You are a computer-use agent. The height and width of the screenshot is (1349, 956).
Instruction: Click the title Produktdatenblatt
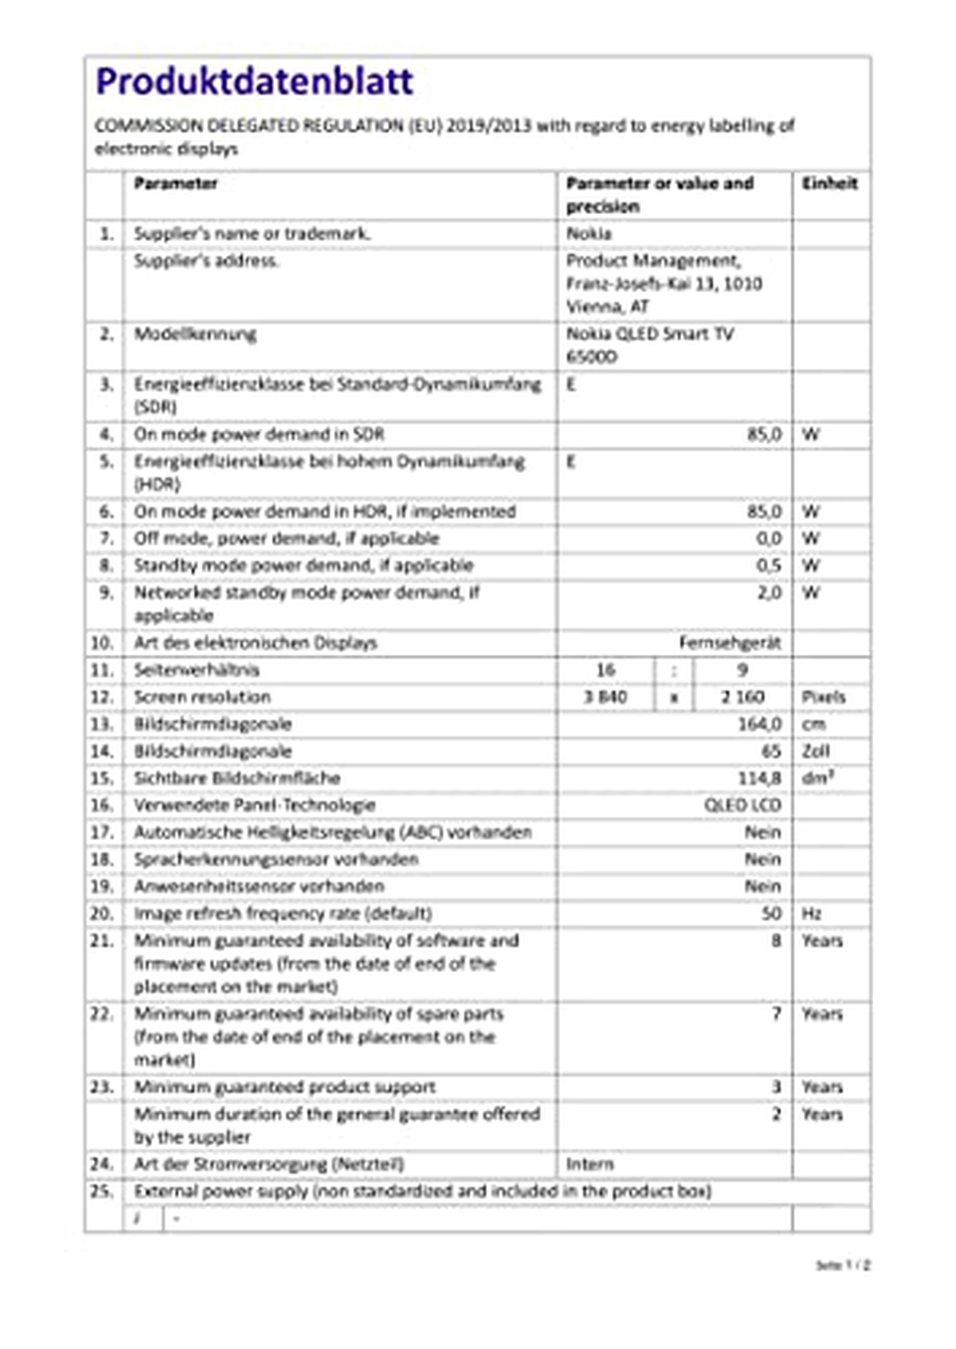254,81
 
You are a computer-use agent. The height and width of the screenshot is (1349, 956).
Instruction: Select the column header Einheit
829,183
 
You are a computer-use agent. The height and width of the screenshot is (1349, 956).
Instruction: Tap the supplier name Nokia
589,233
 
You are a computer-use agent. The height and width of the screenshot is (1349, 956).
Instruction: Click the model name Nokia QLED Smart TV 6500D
649,344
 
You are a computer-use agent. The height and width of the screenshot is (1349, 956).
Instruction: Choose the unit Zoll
815,751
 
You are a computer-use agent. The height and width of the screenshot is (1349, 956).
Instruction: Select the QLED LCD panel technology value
742,805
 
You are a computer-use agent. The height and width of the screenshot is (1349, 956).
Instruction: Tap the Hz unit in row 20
811,913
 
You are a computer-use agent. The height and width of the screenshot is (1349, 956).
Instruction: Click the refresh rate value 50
771,913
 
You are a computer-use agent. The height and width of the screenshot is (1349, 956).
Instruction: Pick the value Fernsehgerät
730,643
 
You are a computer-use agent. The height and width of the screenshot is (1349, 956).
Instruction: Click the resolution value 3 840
605,697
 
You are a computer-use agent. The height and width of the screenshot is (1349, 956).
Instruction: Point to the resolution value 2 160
742,697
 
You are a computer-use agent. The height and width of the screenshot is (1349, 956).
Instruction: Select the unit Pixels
823,697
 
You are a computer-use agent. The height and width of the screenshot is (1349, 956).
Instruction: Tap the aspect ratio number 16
605,670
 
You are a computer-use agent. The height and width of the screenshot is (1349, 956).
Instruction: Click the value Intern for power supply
590,1164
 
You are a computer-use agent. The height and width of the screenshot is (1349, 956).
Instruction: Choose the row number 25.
102,1191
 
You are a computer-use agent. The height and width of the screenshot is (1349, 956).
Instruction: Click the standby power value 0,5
768,565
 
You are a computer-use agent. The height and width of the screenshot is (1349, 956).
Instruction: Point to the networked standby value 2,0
768,592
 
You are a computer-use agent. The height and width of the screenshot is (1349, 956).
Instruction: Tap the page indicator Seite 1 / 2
843,1265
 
